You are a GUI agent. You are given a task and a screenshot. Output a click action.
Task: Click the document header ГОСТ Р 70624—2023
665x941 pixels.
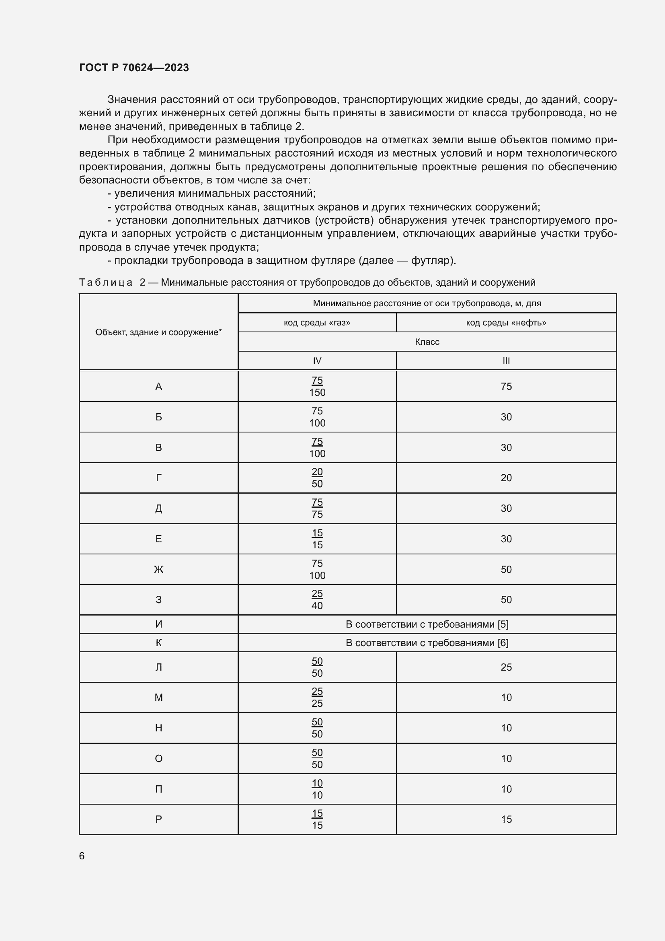coord(134,68)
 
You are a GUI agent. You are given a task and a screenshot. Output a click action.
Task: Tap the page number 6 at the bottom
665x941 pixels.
coord(82,856)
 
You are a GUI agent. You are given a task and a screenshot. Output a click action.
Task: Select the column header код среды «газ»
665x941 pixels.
coord(317,323)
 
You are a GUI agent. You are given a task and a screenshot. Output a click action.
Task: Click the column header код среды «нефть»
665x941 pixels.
coord(506,323)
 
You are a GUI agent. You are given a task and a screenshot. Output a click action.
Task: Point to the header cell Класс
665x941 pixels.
coord(427,342)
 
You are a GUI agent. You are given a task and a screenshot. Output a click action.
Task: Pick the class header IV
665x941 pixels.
coord(317,360)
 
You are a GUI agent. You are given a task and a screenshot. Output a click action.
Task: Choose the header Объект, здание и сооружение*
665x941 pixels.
coord(158,332)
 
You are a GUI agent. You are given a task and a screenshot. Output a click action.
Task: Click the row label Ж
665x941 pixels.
coord(158,569)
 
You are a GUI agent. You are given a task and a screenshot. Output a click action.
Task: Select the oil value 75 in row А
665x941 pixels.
coord(506,387)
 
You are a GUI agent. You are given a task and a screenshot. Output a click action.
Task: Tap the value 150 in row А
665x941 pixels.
coord(317,393)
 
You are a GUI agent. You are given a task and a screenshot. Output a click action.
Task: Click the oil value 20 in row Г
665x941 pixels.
coord(506,478)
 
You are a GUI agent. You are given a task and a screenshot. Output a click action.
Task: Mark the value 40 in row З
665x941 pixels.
coord(317,606)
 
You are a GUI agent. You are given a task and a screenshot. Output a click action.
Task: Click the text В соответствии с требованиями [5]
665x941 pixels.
coord(427,624)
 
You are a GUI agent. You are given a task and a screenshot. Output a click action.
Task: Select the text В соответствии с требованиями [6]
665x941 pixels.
coord(427,642)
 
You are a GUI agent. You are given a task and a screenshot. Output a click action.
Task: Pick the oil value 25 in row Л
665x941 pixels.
coord(506,667)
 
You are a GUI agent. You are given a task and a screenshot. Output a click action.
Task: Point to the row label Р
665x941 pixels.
coord(158,819)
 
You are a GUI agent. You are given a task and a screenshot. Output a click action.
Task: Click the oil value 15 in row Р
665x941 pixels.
coord(506,819)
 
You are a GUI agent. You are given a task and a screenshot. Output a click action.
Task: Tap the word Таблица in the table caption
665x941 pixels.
coord(106,282)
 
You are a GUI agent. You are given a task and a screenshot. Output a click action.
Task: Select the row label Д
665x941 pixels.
coord(158,509)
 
